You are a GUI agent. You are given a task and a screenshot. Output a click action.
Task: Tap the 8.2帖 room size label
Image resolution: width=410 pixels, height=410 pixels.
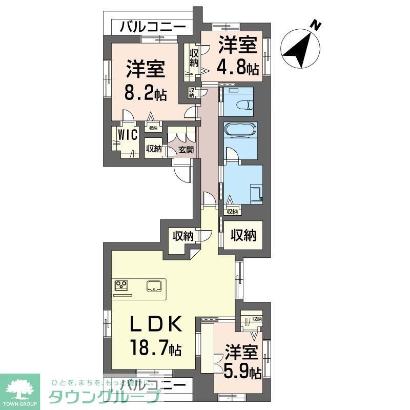(x=145, y=94)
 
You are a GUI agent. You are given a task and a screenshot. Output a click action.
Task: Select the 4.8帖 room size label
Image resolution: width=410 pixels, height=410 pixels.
(x=237, y=66)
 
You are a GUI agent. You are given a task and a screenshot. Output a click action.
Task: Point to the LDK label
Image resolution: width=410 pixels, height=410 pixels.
(x=154, y=324)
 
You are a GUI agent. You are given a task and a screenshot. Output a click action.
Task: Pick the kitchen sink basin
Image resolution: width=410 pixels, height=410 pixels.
(x=154, y=285)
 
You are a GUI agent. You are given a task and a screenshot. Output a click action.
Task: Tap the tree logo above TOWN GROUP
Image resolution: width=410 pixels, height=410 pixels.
(x=19, y=388)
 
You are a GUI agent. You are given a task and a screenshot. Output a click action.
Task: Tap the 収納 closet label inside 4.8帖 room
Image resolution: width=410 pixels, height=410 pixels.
(x=193, y=57)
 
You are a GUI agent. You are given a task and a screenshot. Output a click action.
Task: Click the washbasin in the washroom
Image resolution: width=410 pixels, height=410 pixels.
(x=254, y=193)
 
